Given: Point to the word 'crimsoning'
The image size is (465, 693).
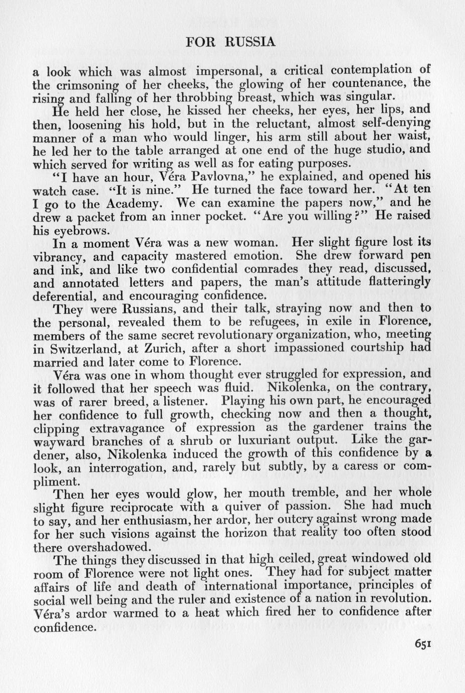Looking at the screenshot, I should point(89,84).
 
